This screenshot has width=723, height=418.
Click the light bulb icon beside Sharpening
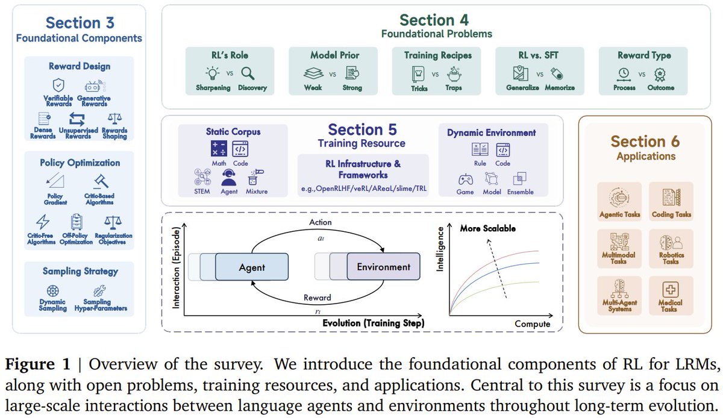click(213, 73)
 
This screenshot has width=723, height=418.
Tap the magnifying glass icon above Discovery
click(247, 73)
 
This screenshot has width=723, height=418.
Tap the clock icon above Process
click(624, 73)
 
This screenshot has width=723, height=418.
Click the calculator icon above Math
click(218, 148)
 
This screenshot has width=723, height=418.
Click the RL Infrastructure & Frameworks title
click(363, 169)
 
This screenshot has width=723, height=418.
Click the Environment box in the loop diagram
click(383, 267)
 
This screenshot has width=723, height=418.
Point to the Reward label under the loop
click(317, 298)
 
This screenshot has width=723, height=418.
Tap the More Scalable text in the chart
click(487, 228)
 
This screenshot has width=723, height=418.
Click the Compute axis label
click(532, 324)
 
